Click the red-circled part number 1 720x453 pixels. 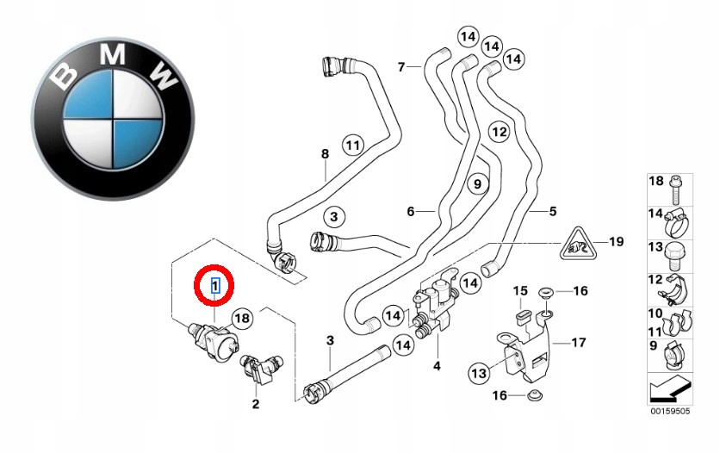tap(215, 285)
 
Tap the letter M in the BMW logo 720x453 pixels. tap(113, 54)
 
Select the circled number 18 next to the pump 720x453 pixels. tap(243, 318)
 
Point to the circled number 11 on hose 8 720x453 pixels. tap(352, 146)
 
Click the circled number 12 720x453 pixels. tap(500, 132)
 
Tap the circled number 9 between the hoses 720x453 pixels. tap(477, 184)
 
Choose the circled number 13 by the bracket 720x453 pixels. tap(479, 373)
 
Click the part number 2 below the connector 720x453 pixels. tap(255, 404)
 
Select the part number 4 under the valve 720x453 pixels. tap(437, 366)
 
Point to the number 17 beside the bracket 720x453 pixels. tap(578, 343)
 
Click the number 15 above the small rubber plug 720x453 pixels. tap(520, 290)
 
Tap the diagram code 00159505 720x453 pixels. tap(669, 412)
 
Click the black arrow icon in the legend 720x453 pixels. tap(670, 388)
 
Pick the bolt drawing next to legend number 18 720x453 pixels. tap(674, 189)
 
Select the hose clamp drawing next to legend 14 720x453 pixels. tap(675, 221)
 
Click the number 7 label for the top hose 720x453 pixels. tap(400, 67)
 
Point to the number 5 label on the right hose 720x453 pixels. tap(552, 211)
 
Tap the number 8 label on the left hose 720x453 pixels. tap(325, 153)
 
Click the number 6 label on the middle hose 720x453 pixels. tap(411, 211)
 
